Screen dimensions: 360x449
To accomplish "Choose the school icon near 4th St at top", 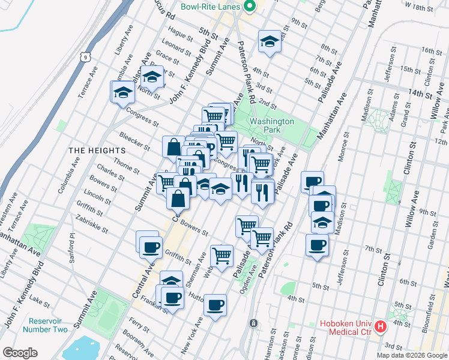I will pos(270,41).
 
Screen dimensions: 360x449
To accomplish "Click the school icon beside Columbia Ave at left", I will pos(123,92).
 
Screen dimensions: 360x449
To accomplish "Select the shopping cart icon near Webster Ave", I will pos(221,255).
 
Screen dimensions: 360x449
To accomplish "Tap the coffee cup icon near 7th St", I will pos(317,245).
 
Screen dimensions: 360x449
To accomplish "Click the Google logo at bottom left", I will pos(20,353).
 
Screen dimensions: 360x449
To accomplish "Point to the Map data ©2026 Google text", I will pos(412,355).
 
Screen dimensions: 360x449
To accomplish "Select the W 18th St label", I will pos(419,7).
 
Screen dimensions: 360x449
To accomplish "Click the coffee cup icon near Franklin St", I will pos(173,297).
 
